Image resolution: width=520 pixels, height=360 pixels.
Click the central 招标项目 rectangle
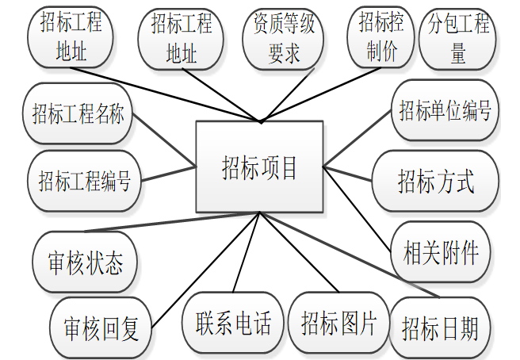click(259, 167)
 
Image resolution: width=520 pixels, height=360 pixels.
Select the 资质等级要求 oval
click(284, 38)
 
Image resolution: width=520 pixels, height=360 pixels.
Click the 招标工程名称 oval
click(78, 113)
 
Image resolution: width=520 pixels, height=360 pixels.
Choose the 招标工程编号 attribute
click(84, 180)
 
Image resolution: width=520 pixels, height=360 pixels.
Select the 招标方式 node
click(435, 182)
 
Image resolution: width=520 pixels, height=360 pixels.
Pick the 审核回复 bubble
click(101, 326)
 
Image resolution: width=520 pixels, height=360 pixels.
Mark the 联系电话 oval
click(232, 321)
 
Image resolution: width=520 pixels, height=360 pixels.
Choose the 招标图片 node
click(338, 322)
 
